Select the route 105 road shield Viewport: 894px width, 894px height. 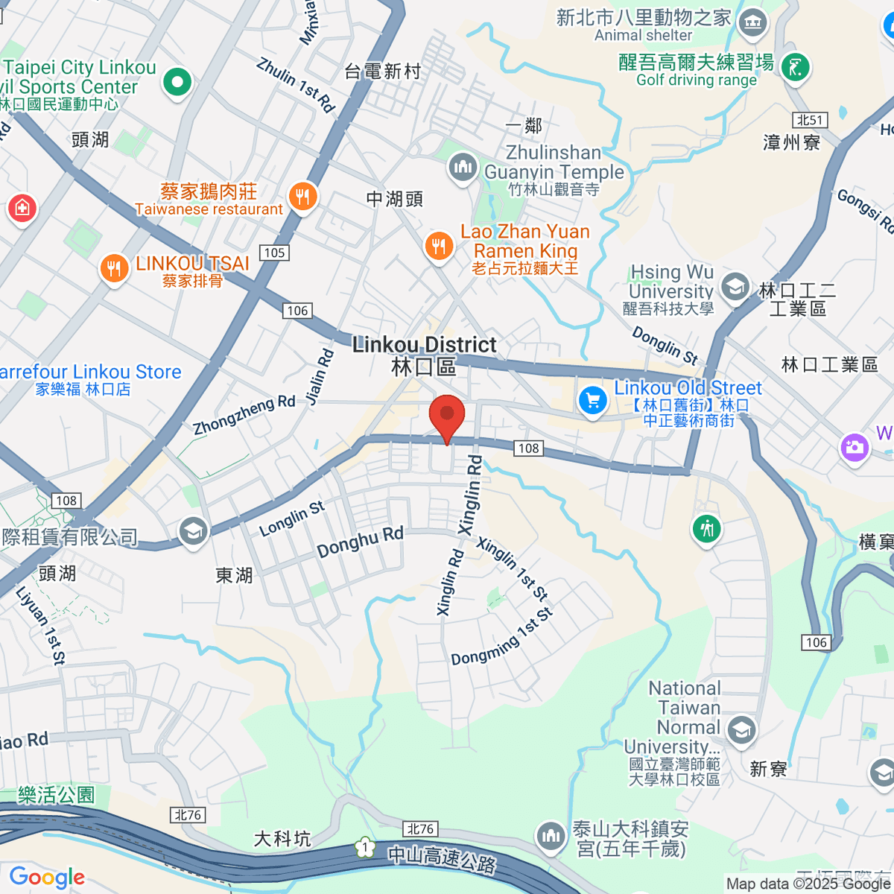(274, 253)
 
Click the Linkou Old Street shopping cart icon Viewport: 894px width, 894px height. (592, 400)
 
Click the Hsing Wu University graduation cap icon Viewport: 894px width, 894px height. (735, 286)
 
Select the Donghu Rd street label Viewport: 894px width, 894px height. (360, 542)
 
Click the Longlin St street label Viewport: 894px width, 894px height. (292, 519)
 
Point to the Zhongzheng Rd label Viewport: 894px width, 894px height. (244, 416)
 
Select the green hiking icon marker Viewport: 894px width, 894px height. (706, 529)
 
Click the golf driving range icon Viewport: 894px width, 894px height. (795, 69)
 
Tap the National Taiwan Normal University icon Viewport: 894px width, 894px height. (741, 729)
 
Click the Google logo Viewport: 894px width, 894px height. (46, 878)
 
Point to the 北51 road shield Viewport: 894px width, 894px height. (810, 120)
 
